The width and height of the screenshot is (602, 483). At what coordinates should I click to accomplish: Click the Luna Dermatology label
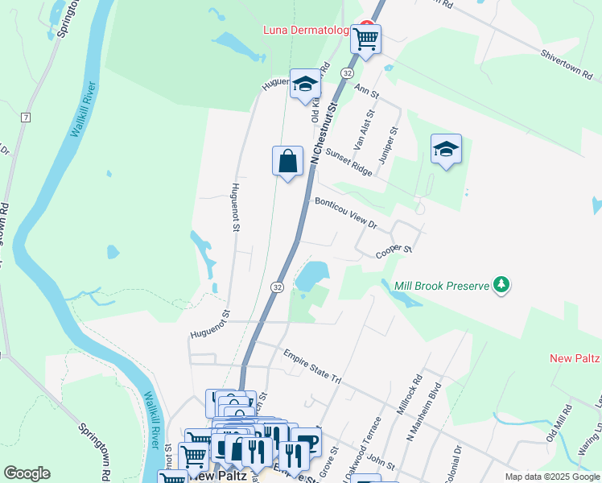coord(307,31)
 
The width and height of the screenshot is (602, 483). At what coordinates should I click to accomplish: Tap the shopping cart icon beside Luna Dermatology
coord(365,38)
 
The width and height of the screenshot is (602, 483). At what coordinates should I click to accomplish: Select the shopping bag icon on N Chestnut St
coord(287,161)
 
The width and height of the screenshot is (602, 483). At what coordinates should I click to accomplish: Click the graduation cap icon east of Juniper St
coord(446,149)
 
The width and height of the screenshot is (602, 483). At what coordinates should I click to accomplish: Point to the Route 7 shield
coord(26,118)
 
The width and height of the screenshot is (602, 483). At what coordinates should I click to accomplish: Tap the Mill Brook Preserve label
coord(442,285)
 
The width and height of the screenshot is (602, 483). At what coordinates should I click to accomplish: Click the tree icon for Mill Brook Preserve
coord(501,284)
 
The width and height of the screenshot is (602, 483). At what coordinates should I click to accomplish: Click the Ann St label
coord(366,93)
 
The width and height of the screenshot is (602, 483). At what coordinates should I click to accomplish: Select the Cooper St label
coord(394,253)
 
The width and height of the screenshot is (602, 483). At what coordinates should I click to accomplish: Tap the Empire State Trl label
coord(312,365)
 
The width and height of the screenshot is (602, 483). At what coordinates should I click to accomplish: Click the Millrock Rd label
coord(409,394)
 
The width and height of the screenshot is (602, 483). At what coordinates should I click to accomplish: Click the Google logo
coord(27,473)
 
